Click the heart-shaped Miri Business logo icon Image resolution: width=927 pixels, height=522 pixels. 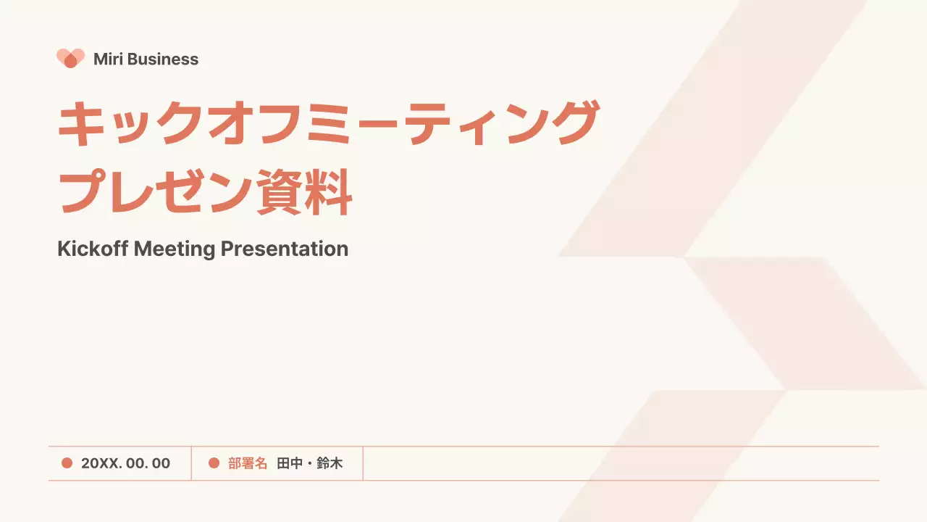pos(70,59)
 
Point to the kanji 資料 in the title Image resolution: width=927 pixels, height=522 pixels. pos(304,193)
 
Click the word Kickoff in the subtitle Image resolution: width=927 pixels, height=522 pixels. pos(93,249)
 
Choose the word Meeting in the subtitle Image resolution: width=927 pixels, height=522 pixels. pos(175,249)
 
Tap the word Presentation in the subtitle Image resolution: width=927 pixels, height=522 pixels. pos(285,249)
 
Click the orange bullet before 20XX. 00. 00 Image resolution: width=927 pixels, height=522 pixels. pos(67,463)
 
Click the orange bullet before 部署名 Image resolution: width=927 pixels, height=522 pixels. pos(214,463)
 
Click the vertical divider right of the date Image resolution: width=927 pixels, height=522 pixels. pos(191,463)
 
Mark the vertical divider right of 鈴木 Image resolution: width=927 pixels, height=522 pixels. pos(363,463)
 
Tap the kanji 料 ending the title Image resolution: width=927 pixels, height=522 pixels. pos(329,193)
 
